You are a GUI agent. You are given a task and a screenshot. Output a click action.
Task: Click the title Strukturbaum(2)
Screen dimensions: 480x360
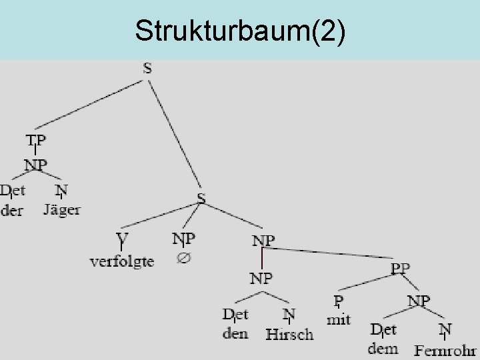[x=240, y=31]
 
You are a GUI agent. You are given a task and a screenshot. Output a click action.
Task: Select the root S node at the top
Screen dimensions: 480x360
[x=147, y=69]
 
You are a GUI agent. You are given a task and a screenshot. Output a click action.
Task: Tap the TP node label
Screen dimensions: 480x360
[x=36, y=141]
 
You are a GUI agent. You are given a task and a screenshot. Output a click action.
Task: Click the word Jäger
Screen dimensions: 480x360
[x=62, y=209]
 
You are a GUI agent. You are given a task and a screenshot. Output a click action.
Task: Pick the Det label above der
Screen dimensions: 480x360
[x=13, y=191]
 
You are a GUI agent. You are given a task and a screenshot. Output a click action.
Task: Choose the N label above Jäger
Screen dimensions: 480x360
[x=61, y=191]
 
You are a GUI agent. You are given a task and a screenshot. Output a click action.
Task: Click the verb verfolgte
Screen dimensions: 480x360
[x=122, y=261]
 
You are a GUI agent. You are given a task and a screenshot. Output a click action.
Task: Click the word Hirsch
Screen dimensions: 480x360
[x=289, y=334]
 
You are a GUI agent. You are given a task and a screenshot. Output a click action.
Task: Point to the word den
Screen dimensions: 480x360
[x=235, y=333]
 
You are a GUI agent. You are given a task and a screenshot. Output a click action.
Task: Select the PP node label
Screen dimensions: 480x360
[x=400, y=269]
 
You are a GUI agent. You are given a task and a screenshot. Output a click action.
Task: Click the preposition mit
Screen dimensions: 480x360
[x=339, y=319]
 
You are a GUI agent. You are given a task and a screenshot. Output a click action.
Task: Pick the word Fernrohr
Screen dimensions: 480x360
[x=445, y=349]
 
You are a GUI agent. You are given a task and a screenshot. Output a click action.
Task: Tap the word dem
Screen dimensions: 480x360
[x=383, y=348]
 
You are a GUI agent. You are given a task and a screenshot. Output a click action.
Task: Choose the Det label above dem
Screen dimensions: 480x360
[x=383, y=329]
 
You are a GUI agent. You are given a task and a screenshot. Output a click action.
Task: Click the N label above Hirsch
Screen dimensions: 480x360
[x=289, y=313]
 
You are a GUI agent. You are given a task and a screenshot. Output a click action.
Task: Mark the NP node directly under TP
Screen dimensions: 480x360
[x=36, y=165]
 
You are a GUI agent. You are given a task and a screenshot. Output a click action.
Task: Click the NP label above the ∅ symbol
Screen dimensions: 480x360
[x=183, y=238]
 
